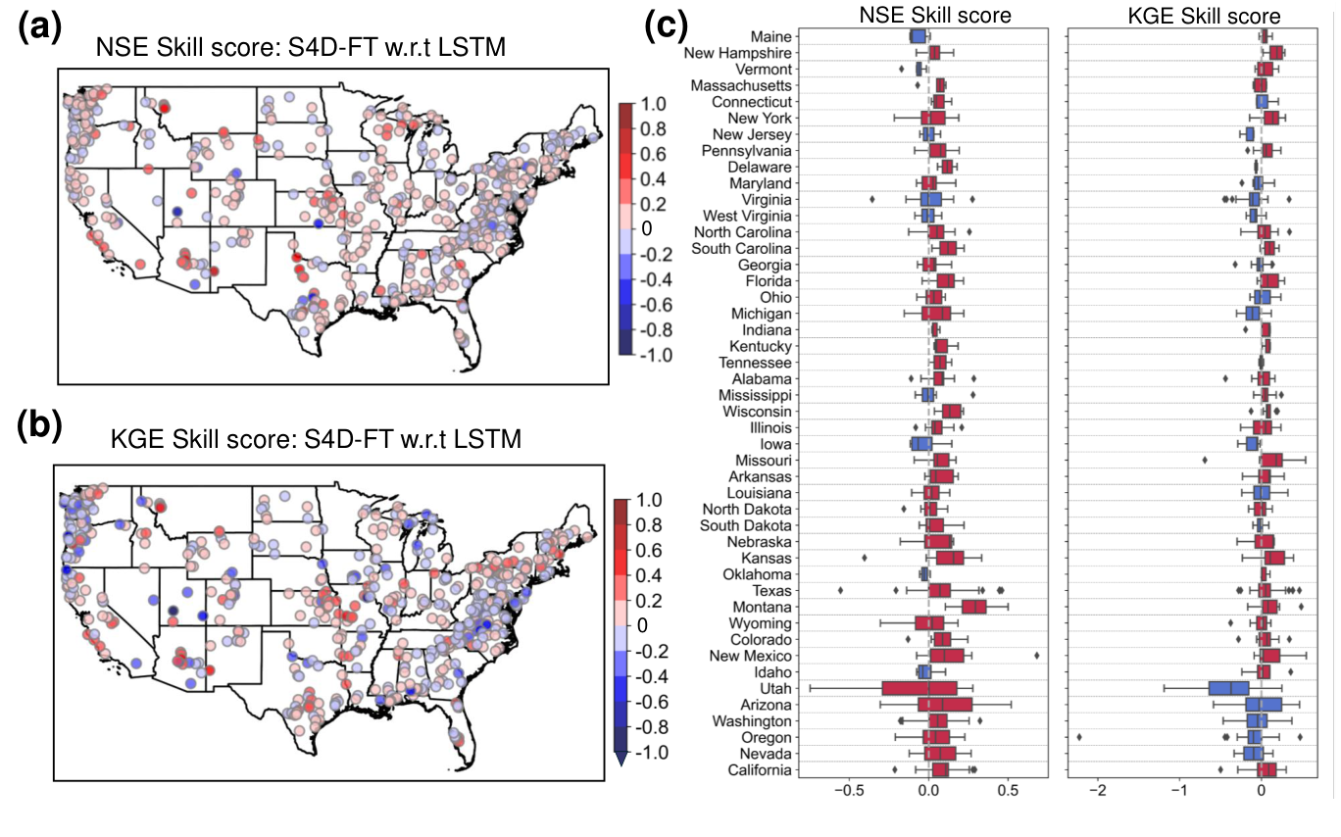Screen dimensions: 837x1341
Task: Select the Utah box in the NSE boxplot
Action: pos(919,688)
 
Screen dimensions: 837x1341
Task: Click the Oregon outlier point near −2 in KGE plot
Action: pos(1080,737)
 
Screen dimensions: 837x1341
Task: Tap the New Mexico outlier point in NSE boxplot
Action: pos(1037,656)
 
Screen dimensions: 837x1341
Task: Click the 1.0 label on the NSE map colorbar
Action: pos(654,104)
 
